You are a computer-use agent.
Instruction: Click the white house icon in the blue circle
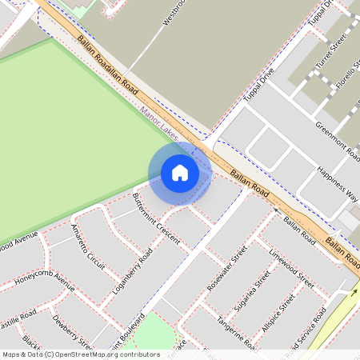click(180, 172)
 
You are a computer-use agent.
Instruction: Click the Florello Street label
click(346, 73)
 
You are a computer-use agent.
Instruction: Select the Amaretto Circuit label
click(88, 246)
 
